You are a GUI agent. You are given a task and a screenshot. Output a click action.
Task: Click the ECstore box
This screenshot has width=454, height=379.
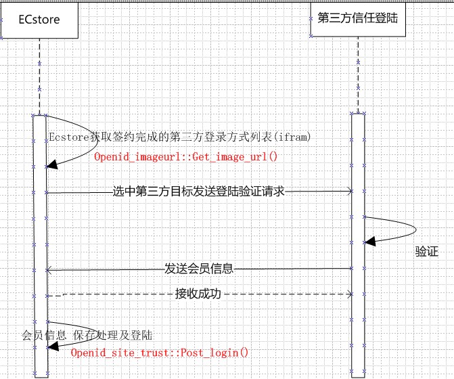pyautogui.click(x=39, y=20)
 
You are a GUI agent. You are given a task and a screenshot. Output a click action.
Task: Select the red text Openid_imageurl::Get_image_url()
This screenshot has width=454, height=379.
pyautogui.click(x=186, y=157)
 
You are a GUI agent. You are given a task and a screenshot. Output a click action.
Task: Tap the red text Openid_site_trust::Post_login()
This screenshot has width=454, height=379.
pyautogui.click(x=160, y=353)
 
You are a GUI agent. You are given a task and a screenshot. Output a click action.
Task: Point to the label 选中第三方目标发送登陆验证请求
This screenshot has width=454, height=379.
pyautogui.click(x=198, y=192)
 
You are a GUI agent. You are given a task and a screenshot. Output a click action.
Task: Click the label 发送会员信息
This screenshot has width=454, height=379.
pyautogui.click(x=199, y=269)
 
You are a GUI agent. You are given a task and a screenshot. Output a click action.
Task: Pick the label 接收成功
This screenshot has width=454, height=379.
pyautogui.click(x=198, y=294)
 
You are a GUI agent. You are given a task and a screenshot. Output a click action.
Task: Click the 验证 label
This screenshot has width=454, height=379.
pyautogui.click(x=426, y=252)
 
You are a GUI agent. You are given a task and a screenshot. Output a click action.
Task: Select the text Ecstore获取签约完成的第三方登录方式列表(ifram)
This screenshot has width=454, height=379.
pyautogui.click(x=180, y=137)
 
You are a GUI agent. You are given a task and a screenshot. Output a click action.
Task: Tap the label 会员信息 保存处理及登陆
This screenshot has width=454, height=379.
pyautogui.click(x=87, y=335)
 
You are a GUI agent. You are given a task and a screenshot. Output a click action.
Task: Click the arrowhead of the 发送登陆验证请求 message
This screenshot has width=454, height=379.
pyautogui.click(x=349, y=192)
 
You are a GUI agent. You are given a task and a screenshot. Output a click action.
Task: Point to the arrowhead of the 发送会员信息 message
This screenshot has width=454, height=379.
pyautogui.click(x=49, y=269)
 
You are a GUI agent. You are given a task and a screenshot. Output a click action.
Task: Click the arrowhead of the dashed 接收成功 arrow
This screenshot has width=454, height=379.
pyautogui.click(x=349, y=294)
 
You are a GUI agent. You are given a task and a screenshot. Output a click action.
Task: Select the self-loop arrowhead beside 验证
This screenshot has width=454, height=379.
pyautogui.click(x=369, y=241)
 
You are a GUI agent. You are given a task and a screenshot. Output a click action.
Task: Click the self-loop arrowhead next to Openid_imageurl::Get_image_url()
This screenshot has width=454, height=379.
pyautogui.click(x=50, y=166)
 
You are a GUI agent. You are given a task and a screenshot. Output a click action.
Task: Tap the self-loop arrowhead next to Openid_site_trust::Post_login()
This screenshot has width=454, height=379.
pyautogui.click(x=50, y=347)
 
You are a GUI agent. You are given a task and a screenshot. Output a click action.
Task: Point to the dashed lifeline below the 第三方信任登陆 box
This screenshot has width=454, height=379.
pyautogui.click(x=359, y=74)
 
